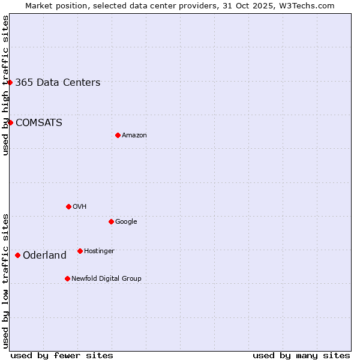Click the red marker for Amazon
(x=118, y=135)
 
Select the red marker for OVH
(x=68, y=206)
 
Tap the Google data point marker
(x=111, y=221)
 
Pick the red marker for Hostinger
(x=80, y=251)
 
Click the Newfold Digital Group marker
(x=67, y=278)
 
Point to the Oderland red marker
(x=17, y=255)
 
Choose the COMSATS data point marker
(x=10, y=122)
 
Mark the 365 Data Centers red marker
(x=10, y=82)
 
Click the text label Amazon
(x=134, y=136)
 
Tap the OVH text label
(x=80, y=207)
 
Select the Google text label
(x=126, y=222)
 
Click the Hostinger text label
(x=99, y=251)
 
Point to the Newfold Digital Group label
(x=106, y=279)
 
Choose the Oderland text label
(x=44, y=256)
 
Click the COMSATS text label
(x=38, y=123)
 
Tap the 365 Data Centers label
(x=58, y=83)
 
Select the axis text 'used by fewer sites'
(x=62, y=355)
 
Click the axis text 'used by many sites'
(x=301, y=355)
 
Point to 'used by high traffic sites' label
(x=5, y=85)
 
